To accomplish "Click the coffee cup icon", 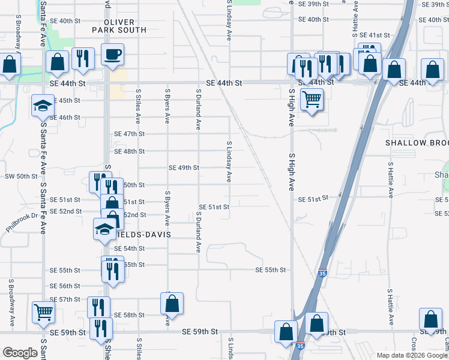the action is coord(112,55).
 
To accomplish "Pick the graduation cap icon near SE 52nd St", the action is coord(104,229).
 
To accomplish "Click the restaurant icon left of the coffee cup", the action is coord(83,58).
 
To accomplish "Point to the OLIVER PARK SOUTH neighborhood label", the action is coord(119,25).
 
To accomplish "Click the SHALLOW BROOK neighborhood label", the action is coord(417,143).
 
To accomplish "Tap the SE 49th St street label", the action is coord(184,168).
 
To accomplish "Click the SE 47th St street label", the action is coord(130,134).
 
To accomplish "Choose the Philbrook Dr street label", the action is coord(22,221).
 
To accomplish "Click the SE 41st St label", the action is coord(376,35).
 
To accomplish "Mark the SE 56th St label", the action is coord(65,286).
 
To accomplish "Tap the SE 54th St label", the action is coord(130,248).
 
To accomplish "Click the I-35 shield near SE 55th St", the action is coord(323,272).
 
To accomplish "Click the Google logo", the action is coord(20,353).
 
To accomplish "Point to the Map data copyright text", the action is coord(412,355).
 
